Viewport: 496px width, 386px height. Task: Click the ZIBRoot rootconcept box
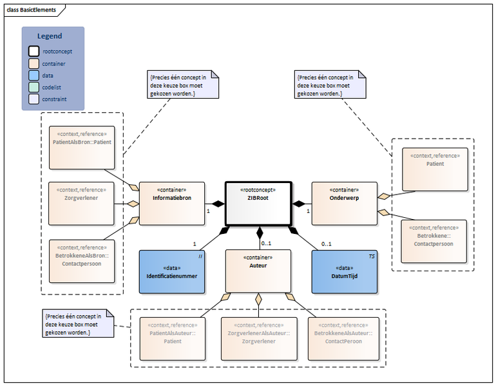[x=258, y=203]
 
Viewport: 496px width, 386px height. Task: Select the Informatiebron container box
[x=171, y=203]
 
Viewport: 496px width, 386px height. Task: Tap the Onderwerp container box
[x=344, y=203]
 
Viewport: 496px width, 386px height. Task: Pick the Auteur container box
[x=258, y=271]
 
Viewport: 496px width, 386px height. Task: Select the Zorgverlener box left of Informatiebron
[x=82, y=204]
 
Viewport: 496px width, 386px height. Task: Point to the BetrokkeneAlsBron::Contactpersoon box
[x=82, y=261]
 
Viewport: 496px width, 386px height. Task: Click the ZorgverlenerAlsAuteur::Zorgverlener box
[x=258, y=338]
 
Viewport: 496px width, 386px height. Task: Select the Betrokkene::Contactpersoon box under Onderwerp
[x=430, y=241]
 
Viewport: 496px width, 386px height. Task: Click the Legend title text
[x=50, y=36]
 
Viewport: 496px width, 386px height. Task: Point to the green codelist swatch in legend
[x=32, y=87]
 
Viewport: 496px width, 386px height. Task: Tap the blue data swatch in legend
[x=32, y=75]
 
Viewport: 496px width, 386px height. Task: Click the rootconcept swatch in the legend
[x=32, y=50]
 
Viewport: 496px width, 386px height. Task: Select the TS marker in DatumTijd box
[x=371, y=256]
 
